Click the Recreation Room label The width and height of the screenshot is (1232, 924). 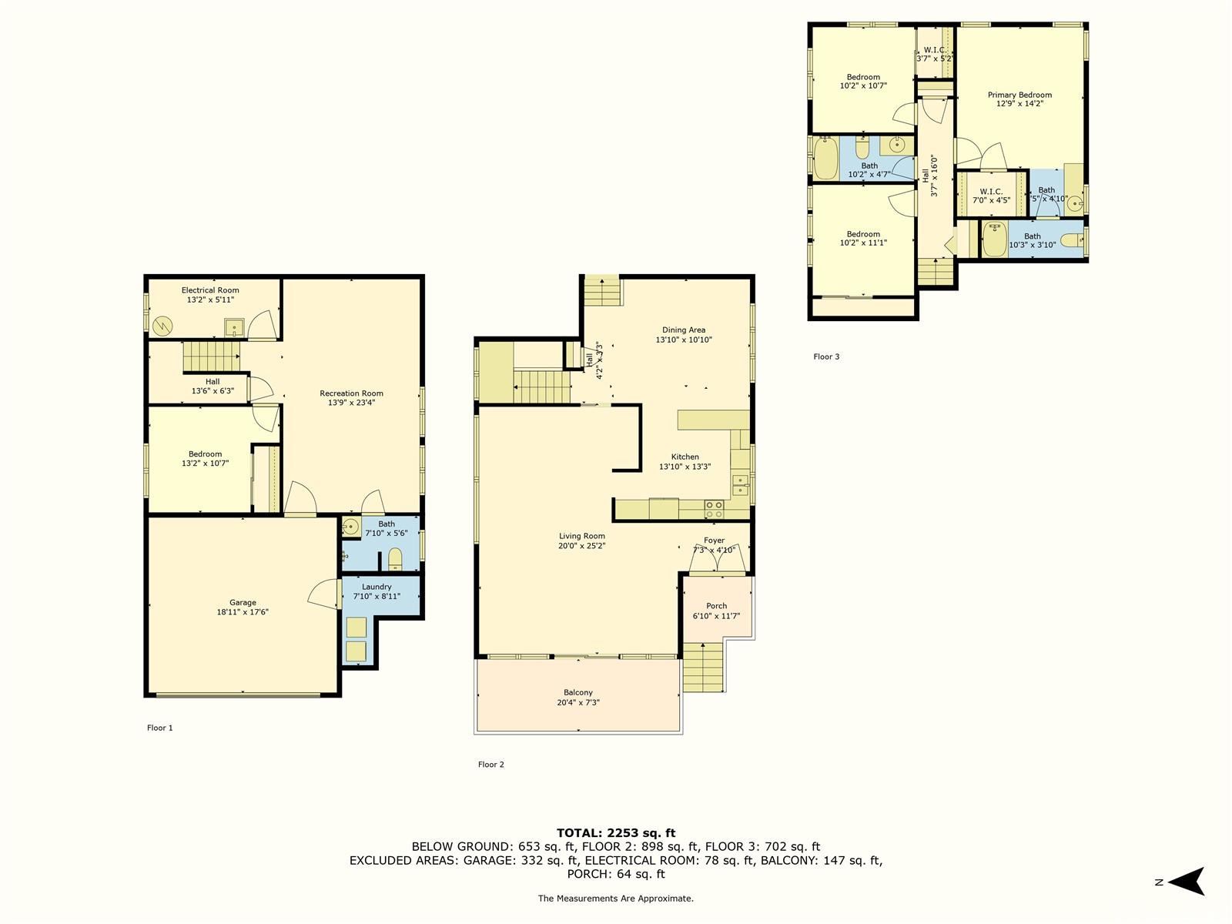pyautogui.click(x=351, y=393)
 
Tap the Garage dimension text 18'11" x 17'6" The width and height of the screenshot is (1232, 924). pyautogui.click(x=243, y=612)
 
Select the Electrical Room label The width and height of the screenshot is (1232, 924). pyautogui.click(x=210, y=290)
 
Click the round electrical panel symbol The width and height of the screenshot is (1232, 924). pyautogui.click(x=162, y=326)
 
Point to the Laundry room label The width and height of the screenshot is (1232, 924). pyautogui.click(x=376, y=587)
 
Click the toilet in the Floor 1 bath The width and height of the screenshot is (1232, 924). pyautogui.click(x=395, y=559)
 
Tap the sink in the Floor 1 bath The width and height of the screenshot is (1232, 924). pyautogui.click(x=351, y=527)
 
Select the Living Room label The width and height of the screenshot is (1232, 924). pyautogui.click(x=581, y=536)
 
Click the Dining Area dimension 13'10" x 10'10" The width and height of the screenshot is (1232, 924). pyautogui.click(x=684, y=340)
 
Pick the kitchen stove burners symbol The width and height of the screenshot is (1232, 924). pyautogui.click(x=714, y=510)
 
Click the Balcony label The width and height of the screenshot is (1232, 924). pyautogui.click(x=578, y=692)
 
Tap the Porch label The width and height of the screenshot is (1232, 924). pyautogui.click(x=716, y=606)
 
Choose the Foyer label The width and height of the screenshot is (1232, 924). pyautogui.click(x=714, y=541)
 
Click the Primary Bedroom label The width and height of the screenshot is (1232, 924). pyautogui.click(x=1019, y=95)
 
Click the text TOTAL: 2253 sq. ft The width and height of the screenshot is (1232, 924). pyautogui.click(x=616, y=833)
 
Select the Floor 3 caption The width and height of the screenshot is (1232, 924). pyautogui.click(x=826, y=357)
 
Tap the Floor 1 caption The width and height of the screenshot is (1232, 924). pyautogui.click(x=160, y=728)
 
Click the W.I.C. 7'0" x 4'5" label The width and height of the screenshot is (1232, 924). pyautogui.click(x=991, y=196)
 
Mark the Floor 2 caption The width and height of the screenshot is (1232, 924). pyautogui.click(x=491, y=764)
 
